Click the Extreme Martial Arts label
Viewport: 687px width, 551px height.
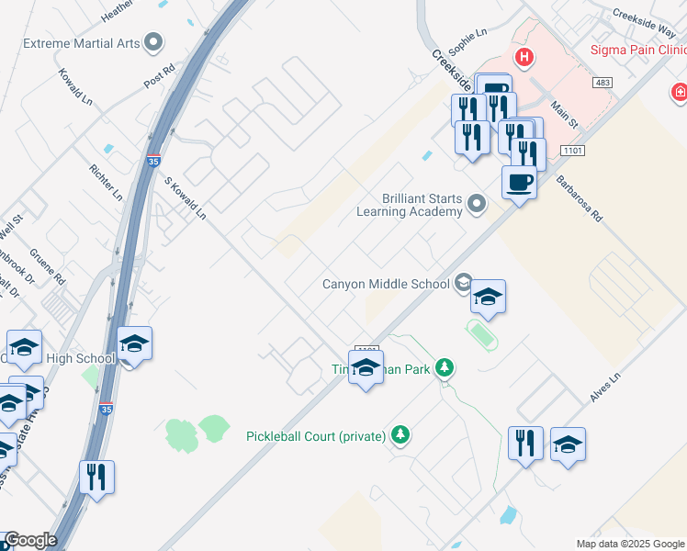[81, 43]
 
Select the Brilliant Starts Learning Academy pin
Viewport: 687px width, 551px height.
[476, 203]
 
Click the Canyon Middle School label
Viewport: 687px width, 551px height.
[386, 284]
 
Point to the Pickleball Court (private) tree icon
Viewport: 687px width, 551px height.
[400, 433]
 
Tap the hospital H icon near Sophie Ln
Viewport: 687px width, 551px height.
[524, 59]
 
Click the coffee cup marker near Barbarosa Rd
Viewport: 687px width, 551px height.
[520, 182]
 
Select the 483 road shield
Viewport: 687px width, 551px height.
[603, 83]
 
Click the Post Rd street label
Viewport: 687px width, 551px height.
[158, 76]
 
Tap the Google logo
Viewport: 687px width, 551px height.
[29, 540]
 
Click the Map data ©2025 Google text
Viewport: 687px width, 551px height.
[629, 544]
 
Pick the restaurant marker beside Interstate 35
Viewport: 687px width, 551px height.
[96, 477]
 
